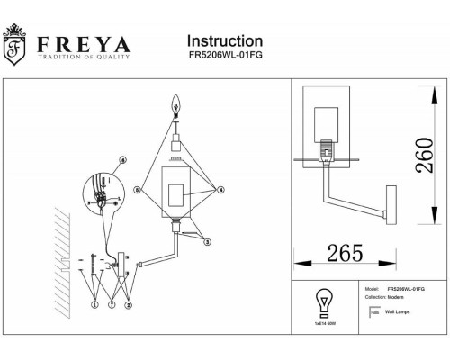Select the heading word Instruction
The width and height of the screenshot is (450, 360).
point(224,41)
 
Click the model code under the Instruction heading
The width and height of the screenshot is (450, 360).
point(225,58)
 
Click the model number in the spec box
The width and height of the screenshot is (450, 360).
point(406,289)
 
